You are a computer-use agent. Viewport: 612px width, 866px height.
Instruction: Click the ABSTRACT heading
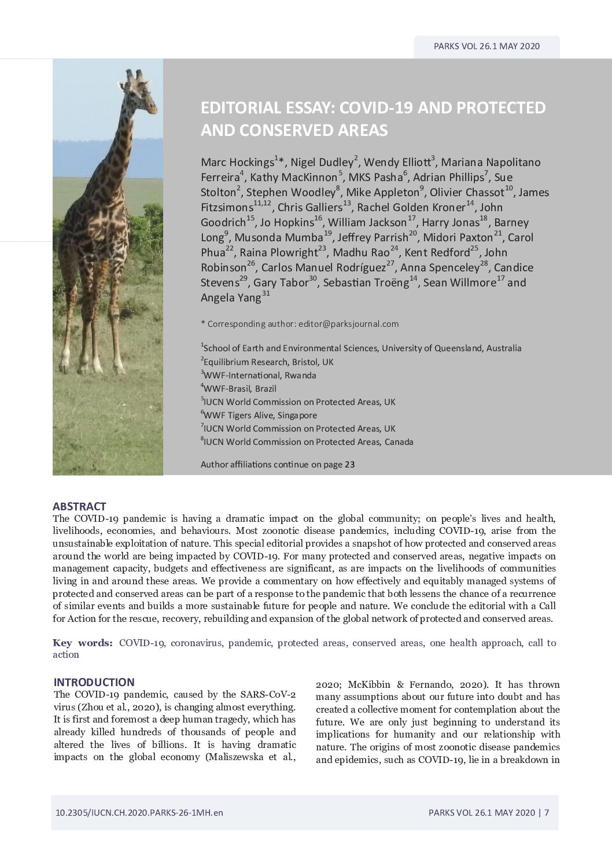click(79, 506)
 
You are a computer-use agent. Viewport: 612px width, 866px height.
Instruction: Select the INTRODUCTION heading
click(94, 682)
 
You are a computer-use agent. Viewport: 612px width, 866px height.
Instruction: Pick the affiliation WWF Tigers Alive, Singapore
click(260, 415)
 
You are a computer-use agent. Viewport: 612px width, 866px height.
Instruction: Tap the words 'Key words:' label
click(83, 643)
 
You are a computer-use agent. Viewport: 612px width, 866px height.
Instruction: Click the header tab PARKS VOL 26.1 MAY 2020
click(486, 46)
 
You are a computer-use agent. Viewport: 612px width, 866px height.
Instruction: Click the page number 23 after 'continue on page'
click(349, 464)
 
